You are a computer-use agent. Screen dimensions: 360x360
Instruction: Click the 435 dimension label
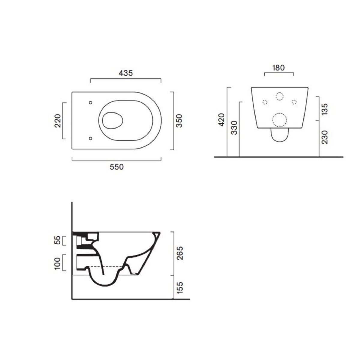125,73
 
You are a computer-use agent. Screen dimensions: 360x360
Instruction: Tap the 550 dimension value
117,167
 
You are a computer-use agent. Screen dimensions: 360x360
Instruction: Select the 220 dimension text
58,121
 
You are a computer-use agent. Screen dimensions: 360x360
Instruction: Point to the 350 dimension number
179,121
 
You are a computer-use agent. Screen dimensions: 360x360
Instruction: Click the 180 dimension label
278,68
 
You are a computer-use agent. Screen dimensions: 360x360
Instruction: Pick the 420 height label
222,120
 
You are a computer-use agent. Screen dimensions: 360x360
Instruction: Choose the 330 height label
234,128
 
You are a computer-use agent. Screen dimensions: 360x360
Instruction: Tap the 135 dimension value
325,109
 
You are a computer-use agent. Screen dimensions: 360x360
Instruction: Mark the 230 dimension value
325,137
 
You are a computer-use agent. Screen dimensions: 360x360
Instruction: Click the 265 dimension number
180,253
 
